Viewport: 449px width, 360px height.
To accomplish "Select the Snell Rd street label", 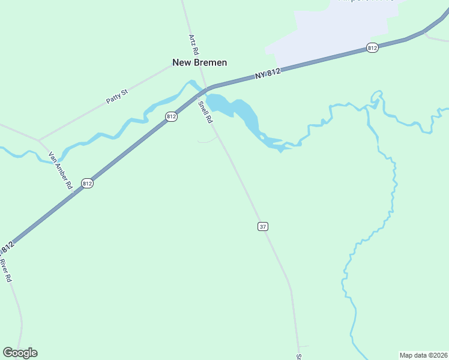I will [x=205, y=112].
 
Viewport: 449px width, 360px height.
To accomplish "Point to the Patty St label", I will [x=117, y=97].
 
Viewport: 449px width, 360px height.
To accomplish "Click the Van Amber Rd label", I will [x=60, y=170].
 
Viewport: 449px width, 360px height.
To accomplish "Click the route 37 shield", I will [x=263, y=226].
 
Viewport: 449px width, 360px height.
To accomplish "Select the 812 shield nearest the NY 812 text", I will [x=372, y=47].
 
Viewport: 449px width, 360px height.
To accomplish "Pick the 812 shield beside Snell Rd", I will [x=172, y=116].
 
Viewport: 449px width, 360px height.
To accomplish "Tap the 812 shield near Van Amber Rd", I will [x=88, y=184].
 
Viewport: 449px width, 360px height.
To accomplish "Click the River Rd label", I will [x=5, y=271].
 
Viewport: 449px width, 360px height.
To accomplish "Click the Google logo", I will [x=20, y=353].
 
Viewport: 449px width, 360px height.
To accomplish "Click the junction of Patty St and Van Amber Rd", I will [x=39, y=140].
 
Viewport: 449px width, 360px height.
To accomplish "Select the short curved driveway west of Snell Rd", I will [x=208, y=140].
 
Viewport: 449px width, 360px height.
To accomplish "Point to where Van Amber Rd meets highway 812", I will [x=74, y=193].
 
